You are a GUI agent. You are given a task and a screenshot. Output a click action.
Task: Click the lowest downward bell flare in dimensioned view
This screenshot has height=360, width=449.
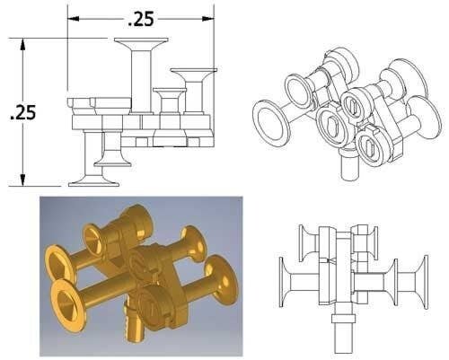[x=95, y=178]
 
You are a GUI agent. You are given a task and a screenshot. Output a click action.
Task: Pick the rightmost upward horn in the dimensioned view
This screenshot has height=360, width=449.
[x=193, y=75]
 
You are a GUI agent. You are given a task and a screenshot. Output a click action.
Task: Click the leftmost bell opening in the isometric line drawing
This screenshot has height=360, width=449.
[x=269, y=119]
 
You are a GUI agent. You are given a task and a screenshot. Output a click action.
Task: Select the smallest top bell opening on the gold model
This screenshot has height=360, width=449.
[x=93, y=239]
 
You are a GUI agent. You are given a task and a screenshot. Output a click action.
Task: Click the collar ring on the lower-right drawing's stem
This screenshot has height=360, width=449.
[x=343, y=317]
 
